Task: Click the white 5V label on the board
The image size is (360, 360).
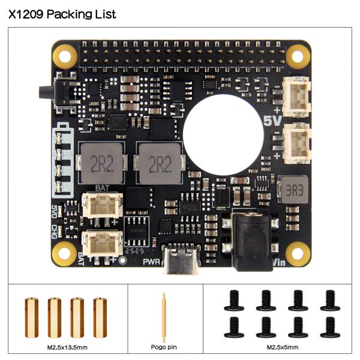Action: [272, 121]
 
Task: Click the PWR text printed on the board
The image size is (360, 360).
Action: [152, 262]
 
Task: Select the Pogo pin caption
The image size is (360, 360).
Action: [164, 347]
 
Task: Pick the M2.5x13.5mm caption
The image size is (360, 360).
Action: [67, 347]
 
